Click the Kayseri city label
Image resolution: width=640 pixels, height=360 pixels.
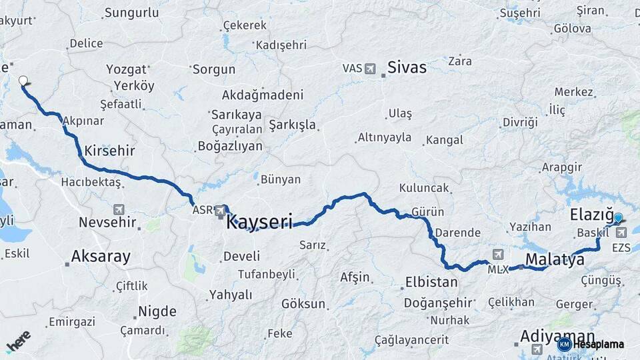[259, 221]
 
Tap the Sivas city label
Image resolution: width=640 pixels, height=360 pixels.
[407, 68]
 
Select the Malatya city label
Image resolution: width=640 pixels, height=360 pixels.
[555, 259]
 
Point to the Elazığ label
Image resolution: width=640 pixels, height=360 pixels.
[591, 215]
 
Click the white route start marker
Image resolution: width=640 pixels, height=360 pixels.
[23, 81]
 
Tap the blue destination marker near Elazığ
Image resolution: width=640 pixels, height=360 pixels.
[618, 218]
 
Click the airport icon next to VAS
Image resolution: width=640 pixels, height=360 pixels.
[371, 69]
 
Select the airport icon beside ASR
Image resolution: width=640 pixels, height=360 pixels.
[220, 211]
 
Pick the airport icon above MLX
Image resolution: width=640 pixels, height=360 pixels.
[498, 254]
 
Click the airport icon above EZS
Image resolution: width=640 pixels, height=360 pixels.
[622, 233]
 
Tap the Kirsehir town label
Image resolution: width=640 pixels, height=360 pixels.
[109, 151]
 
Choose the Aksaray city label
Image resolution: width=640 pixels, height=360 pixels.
[101, 256]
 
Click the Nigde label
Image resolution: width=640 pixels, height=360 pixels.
[157, 311]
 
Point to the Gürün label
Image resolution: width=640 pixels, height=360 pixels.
[428, 212]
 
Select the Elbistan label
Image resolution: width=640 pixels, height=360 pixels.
[431, 282]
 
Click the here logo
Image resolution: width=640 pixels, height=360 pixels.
[18, 341]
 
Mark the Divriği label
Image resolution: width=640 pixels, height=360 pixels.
[520, 122]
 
